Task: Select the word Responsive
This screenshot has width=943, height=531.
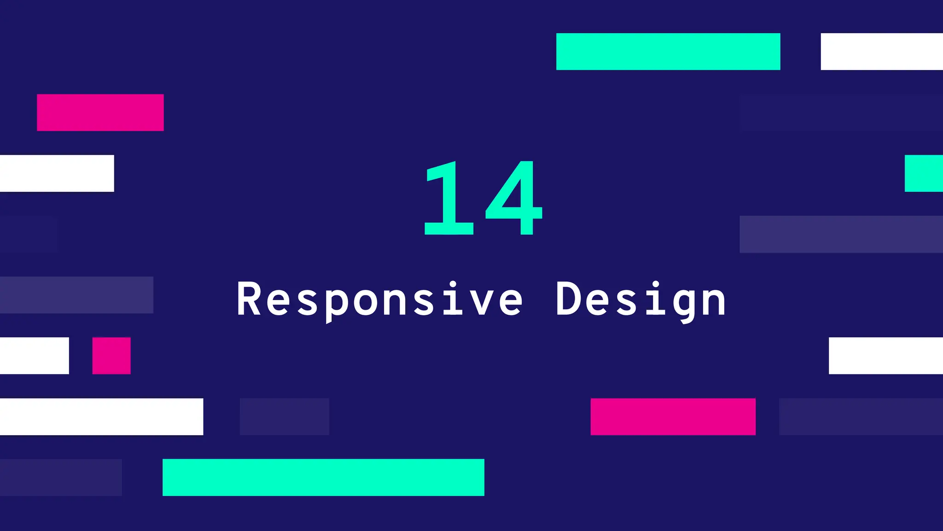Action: pos(379,300)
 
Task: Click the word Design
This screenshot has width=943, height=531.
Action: pos(641,300)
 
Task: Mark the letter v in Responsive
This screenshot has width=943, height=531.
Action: pos(481,302)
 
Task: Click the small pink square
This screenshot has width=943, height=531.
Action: pos(111,356)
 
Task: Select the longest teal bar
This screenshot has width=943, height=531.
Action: pos(323,478)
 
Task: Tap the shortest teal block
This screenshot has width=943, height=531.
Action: pos(924,173)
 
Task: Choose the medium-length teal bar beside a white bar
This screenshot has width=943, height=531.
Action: pos(668,52)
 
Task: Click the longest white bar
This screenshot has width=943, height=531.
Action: pos(101,417)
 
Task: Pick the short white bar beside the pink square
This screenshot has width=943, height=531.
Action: pos(35,356)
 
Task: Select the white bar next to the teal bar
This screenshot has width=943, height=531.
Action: pos(882,52)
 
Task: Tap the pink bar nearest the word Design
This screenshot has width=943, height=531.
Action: pos(673,417)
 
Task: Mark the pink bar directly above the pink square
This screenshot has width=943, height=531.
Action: pos(100,112)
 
